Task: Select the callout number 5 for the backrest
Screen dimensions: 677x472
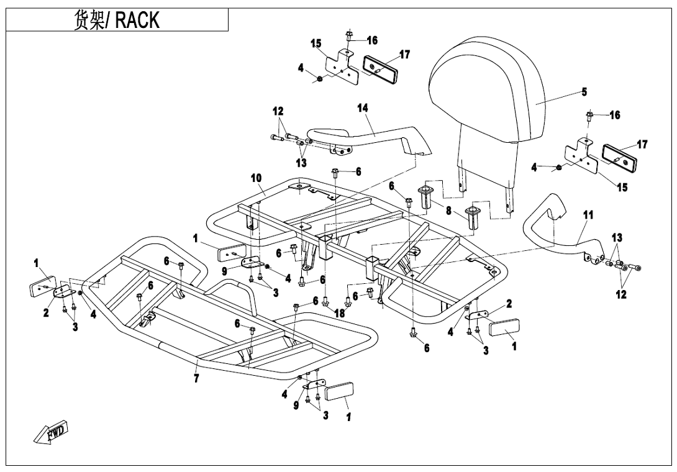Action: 584,91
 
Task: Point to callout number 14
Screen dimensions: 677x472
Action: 363,108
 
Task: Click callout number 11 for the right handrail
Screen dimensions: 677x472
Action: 588,215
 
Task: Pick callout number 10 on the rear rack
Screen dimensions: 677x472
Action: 257,178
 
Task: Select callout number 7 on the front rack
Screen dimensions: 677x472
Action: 196,379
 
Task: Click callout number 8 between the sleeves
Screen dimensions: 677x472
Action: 448,211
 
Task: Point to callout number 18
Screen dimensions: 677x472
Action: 340,313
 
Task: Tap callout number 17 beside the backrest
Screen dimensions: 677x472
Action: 642,144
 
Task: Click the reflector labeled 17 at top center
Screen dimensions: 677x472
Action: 379,66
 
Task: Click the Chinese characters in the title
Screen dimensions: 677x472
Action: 89,20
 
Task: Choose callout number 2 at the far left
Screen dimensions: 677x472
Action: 46,312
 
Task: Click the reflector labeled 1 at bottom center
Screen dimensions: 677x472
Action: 339,392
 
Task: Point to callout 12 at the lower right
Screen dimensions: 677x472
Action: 621,294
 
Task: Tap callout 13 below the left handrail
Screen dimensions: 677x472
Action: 301,163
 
